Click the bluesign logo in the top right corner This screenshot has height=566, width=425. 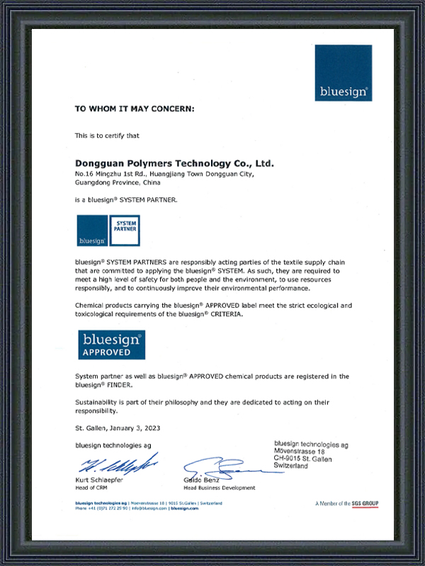pos(344,73)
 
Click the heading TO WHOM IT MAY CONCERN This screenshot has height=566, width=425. pos(134,109)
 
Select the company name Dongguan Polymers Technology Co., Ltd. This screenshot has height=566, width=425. pos(174,163)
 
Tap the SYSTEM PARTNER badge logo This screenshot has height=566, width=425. pos(108,231)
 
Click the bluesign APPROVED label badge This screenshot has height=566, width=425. pos(110,345)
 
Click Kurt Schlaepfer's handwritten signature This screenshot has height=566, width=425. pos(117,464)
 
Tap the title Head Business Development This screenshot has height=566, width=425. pos(220,488)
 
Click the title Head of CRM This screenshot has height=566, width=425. pos(91,487)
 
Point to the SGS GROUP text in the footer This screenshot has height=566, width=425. pos(364,503)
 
